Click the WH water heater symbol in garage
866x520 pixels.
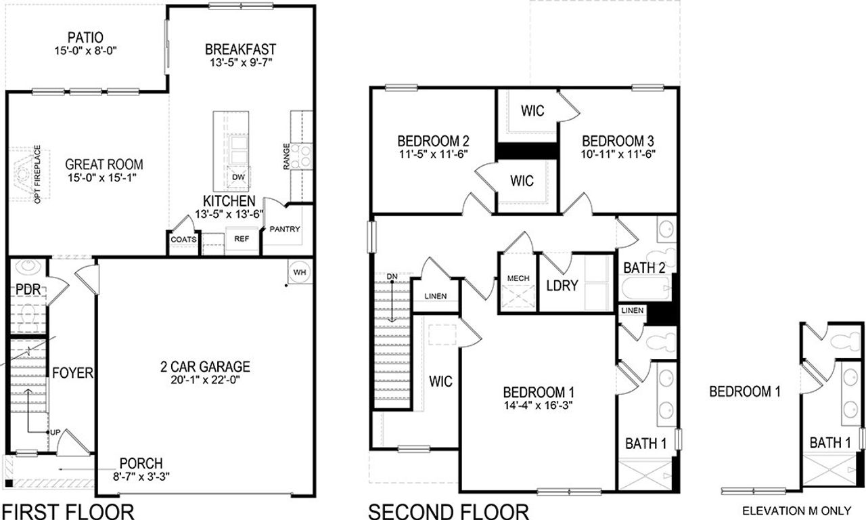pyautogui.click(x=299, y=272)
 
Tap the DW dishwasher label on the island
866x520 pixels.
pyautogui.click(x=238, y=177)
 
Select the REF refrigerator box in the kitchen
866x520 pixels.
pyautogui.click(x=242, y=239)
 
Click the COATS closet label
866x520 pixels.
pyautogui.click(x=183, y=240)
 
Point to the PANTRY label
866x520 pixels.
pyautogui.click(x=284, y=229)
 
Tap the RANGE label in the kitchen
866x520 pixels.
pyautogui.click(x=287, y=157)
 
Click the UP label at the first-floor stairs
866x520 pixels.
pyautogui.click(x=55, y=431)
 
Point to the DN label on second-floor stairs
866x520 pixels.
pyautogui.click(x=392, y=277)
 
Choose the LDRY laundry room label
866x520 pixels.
pyautogui.click(x=562, y=285)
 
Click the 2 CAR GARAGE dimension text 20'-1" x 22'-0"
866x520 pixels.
pyautogui.click(x=205, y=380)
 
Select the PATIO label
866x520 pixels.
pyautogui.click(x=85, y=37)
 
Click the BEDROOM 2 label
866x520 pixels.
pyautogui.click(x=433, y=141)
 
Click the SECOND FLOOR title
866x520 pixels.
pyautogui.click(x=448, y=511)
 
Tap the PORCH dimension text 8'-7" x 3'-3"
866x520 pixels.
pyautogui.click(x=141, y=476)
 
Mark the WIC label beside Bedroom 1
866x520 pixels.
pyautogui.click(x=440, y=381)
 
